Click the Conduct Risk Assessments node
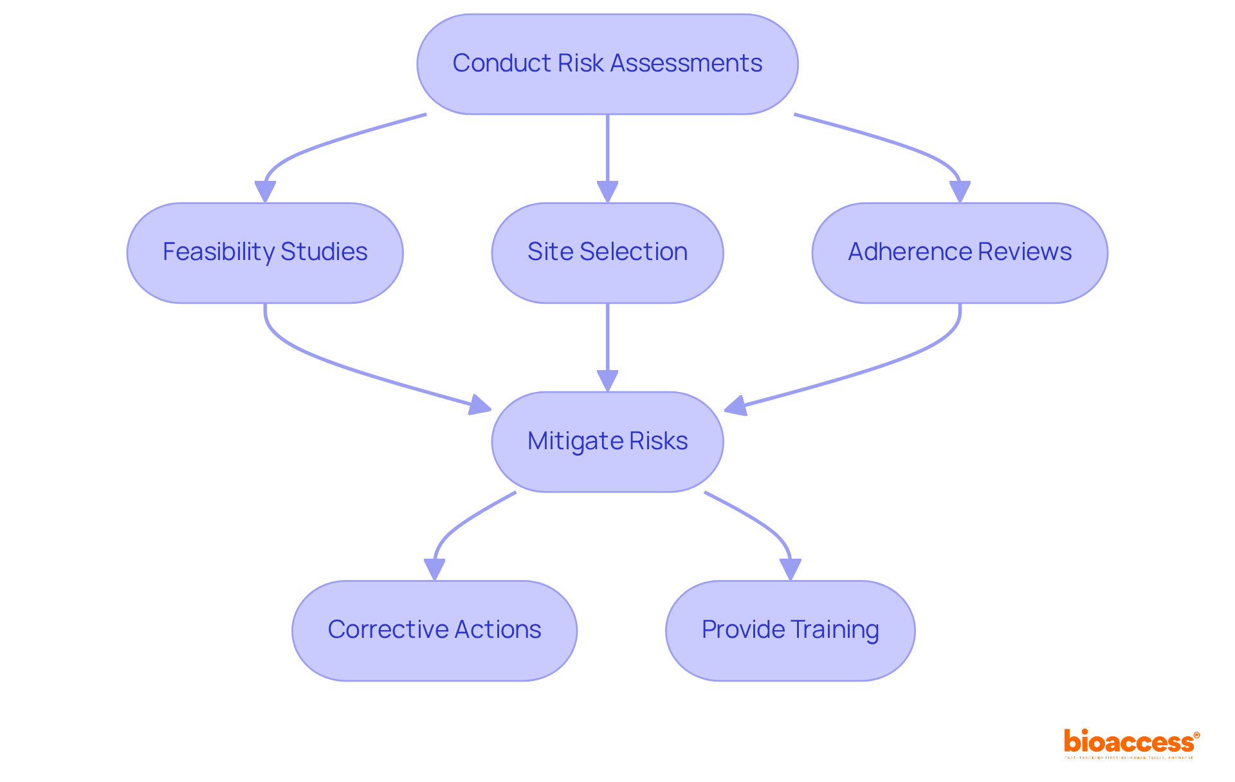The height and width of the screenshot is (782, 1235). (607, 64)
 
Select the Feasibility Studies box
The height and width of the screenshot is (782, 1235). (265, 253)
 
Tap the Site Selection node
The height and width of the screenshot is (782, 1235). (607, 253)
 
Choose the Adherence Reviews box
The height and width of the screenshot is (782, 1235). (960, 253)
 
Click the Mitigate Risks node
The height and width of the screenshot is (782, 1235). (607, 442)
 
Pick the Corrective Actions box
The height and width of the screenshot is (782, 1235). (434, 630)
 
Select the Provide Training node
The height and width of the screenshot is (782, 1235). (790, 630)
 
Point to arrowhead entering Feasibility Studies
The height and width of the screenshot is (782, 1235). (265, 192)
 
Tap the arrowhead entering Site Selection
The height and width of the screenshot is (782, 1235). (607, 192)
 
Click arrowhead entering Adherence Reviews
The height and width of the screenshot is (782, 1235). (960, 192)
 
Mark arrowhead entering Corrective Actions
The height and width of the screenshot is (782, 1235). (435, 570)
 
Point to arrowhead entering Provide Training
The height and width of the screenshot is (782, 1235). (790, 570)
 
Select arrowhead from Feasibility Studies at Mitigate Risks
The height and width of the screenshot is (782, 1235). (480, 405)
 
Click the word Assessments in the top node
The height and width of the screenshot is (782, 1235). (686, 63)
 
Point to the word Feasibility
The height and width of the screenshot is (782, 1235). (218, 252)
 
